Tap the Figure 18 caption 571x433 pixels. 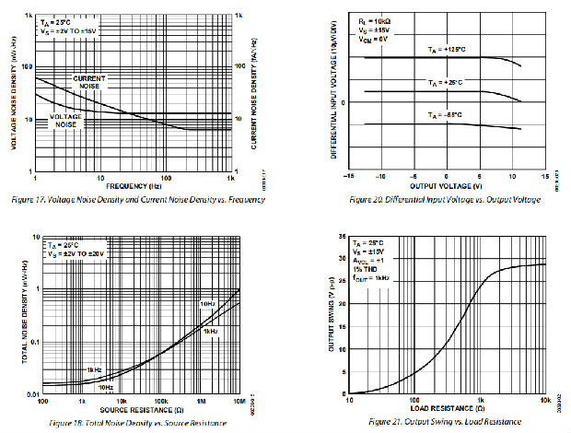(139, 420)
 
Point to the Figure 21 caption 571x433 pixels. (445, 420)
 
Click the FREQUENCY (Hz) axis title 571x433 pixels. (133, 185)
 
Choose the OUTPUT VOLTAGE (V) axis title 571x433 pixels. (446, 185)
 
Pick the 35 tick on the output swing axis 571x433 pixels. (343, 239)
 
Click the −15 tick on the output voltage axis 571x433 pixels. (348, 176)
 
